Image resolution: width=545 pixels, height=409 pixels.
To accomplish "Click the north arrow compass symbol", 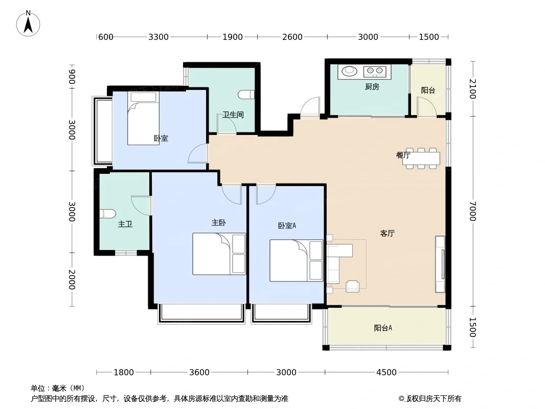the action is tap(28, 24).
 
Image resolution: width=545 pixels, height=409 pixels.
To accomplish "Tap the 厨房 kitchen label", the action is tap(372, 86).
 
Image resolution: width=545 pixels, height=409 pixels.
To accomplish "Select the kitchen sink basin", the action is tap(349, 71).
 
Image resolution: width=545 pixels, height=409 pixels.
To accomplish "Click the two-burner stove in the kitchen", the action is tap(375, 72).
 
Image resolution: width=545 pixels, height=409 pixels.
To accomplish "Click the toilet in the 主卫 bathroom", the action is tap(107, 214).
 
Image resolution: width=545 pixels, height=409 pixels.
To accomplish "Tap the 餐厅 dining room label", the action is tap(403, 155).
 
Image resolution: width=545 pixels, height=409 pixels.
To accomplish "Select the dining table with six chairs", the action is tap(421, 158).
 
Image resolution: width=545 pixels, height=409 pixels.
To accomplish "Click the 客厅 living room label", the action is tap(387, 233).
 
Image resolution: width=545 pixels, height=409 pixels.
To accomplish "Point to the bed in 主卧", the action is tap(219, 254).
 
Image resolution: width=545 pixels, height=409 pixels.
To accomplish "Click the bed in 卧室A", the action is tap(297, 260).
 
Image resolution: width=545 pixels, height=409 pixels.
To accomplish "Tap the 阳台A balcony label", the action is tap(383, 328).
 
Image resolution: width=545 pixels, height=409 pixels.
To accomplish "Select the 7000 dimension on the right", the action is tap(472, 211).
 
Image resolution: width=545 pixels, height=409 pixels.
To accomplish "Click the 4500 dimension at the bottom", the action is tap(386, 372).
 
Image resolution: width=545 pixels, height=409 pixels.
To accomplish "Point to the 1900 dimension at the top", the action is tap(233, 37).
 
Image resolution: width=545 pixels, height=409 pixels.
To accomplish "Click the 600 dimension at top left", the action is tap(106, 37).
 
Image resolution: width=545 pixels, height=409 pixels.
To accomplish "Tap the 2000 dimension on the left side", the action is tap(72, 279).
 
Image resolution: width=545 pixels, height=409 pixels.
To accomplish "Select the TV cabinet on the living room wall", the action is tap(440, 264).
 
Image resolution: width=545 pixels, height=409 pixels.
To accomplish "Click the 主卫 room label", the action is tap(125, 224).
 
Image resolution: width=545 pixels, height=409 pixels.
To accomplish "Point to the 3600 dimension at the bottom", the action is tap(199, 372).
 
